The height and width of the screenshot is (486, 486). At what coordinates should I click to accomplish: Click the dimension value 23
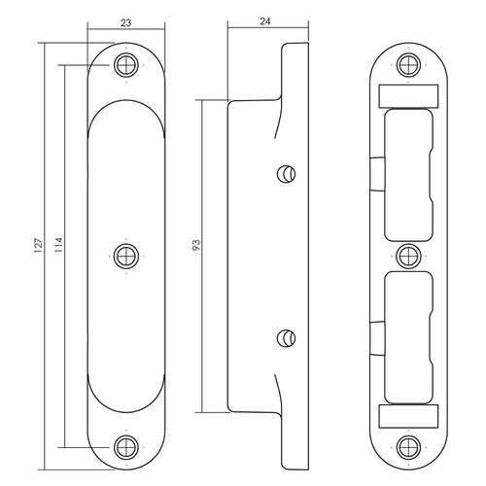coord(126,23)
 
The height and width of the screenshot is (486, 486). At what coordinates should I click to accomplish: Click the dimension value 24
coord(265,21)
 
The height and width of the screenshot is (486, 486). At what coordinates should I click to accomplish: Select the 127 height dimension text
coord(39,245)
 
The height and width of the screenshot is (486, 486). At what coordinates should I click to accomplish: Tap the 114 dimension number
coord(58,245)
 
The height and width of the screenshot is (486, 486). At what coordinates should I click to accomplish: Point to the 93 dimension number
coord(196,245)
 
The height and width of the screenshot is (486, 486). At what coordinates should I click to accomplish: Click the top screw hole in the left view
coord(126,65)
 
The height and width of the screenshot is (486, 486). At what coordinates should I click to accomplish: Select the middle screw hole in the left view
coord(126,256)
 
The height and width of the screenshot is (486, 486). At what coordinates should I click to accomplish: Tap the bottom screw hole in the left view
coord(126,447)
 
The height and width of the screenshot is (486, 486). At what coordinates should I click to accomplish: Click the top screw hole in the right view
coord(408,65)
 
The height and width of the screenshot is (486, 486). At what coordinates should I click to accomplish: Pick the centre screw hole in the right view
coord(408,256)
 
